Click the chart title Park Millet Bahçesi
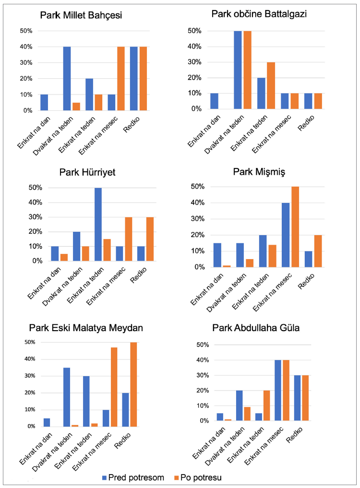81,15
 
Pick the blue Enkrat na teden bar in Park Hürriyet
98,224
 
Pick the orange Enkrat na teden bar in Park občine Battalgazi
271,85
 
